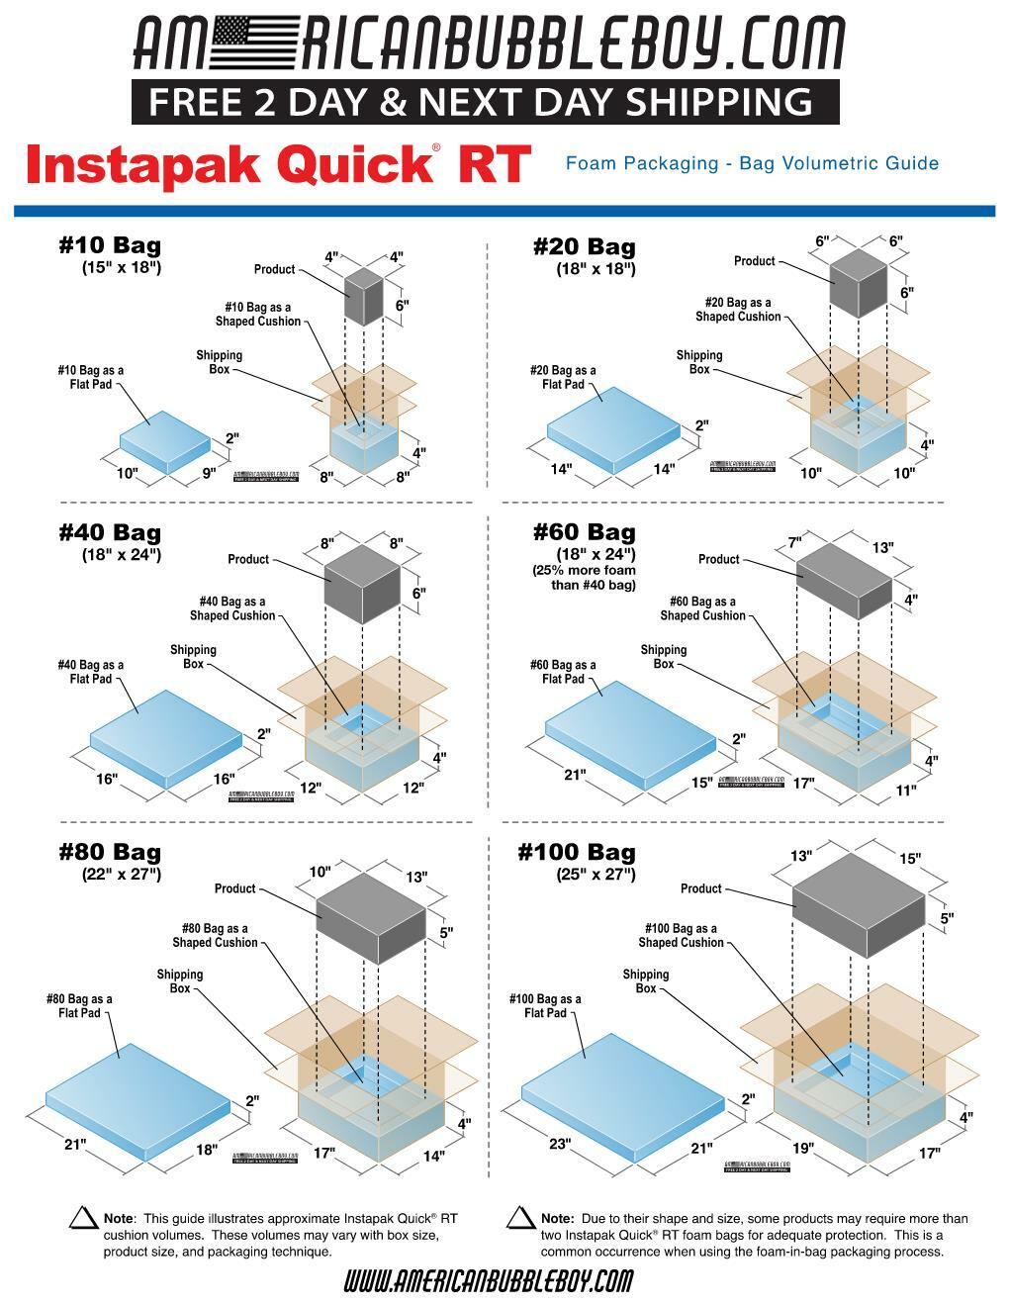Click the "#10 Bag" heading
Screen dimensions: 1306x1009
tap(110, 245)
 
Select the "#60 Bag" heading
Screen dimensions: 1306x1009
tap(584, 532)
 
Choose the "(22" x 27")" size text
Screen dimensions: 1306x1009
tap(121, 874)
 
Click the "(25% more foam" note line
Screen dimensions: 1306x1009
tap(584, 570)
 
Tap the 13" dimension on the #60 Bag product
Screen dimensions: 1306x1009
tap(883, 546)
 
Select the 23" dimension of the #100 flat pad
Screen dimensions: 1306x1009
tap(560, 1144)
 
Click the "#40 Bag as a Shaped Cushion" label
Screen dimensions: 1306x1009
tap(232, 608)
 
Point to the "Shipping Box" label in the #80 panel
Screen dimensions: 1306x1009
tap(179, 981)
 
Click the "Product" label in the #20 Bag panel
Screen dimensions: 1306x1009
tap(754, 261)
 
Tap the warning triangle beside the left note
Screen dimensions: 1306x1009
tap(83, 1219)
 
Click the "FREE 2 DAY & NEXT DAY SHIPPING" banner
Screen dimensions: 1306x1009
tap(485, 102)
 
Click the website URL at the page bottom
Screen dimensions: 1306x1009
tap(488, 1282)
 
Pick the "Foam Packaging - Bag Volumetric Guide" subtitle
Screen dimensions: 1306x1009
tap(752, 163)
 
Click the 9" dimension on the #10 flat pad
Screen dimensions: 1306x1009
tap(209, 473)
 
